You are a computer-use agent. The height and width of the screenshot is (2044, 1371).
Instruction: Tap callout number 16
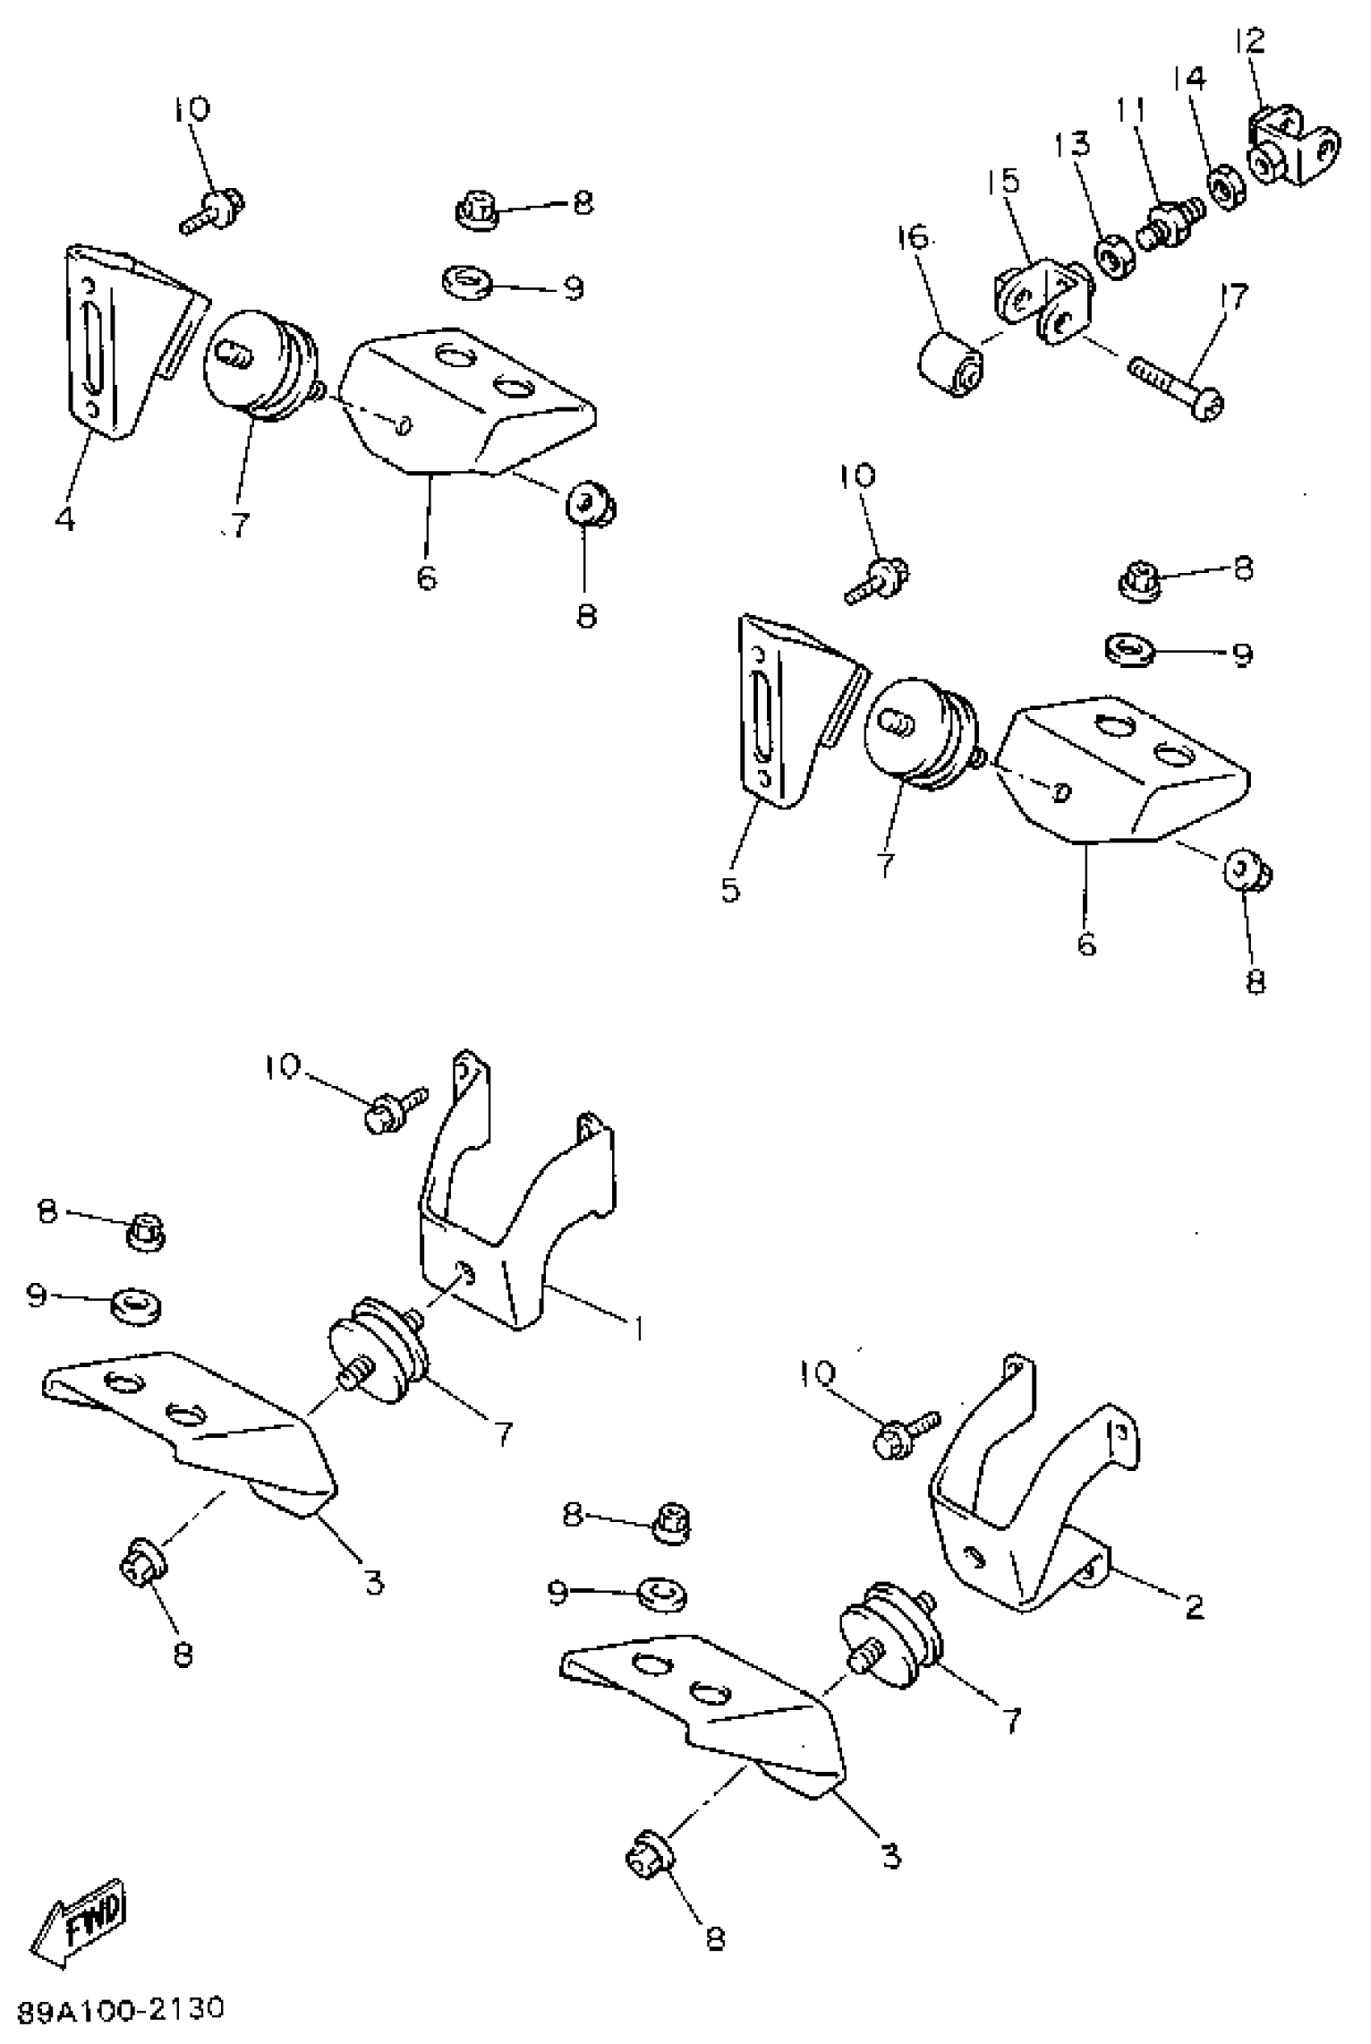913,236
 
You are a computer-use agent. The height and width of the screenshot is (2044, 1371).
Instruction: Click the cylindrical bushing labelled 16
949,362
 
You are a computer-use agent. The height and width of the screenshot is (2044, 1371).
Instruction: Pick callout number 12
1250,41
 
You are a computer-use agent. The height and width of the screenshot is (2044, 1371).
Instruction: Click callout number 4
65,519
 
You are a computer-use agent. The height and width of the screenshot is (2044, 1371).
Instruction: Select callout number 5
731,889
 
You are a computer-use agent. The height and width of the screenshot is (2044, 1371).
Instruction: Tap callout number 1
640,1328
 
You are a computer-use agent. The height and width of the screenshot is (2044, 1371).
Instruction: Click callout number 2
1194,1606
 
